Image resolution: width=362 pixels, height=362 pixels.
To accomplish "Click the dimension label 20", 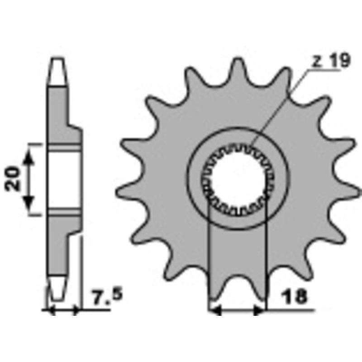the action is point(13,178).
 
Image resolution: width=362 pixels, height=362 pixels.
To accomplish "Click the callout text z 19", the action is point(331,61).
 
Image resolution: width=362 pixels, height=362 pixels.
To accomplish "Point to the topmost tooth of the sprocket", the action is point(238,69).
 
